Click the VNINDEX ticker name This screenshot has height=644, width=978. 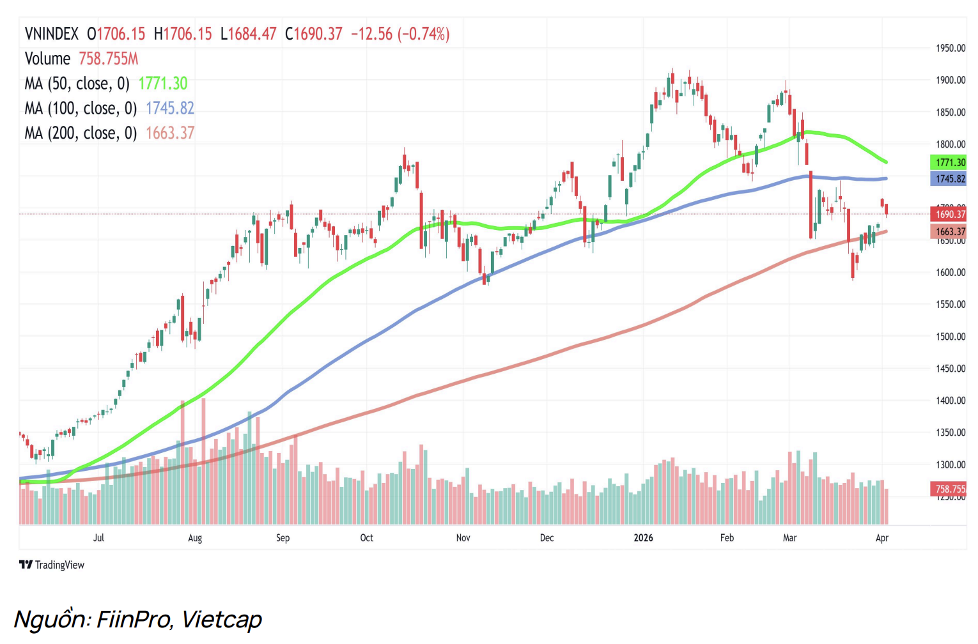pyautogui.click(x=52, y=34)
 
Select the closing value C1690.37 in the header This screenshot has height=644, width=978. pyautogui.click(x=313, y=34)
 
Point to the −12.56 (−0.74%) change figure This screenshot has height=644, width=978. pyautogui.click(x=400, y=34)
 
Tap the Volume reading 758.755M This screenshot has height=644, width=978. pyautogui.click(x=108, y=59)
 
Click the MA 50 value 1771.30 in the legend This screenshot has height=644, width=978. pyautogui.click(x=163, y=84)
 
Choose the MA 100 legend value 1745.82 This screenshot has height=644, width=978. pyautogui.click(x=170, y=109)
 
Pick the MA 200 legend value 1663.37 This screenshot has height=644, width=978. pyautogui.click(x=170, y=133)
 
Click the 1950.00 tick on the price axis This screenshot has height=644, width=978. pyautogui.click(x=951, y=49)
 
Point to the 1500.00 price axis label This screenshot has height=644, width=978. pyautogui.click(x=951, y=337)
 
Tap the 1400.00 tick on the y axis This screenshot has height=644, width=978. pyautogui.click(x=951, y=401)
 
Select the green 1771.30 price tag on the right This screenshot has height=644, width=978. pyautogui.click(x=949, y=162)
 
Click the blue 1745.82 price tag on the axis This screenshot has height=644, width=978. pyautogui.click(x=949, y=179)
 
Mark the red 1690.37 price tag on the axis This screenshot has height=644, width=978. pyautogui.click(x=949, y=215)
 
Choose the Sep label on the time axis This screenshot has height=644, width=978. pyautogui.click(x=283, y=538)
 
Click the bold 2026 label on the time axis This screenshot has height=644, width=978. pyautogui.click(x=643, y=538)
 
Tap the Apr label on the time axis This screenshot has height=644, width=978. pyautogui.click(x=882, y=538)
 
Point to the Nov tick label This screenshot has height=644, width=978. pyautogui.click(x=463, y=538)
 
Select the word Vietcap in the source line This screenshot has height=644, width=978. pyautogui.click(x=221, y=620)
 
